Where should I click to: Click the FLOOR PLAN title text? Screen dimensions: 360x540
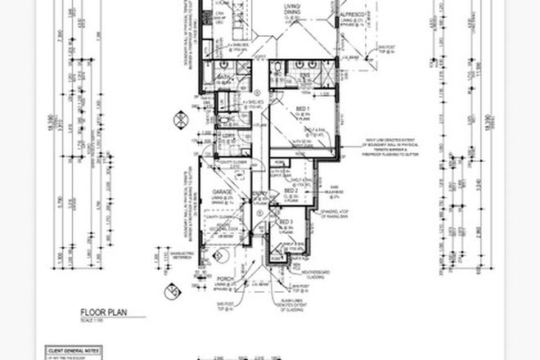point(103,312)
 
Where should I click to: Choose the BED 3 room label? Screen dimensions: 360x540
point(286,221)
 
